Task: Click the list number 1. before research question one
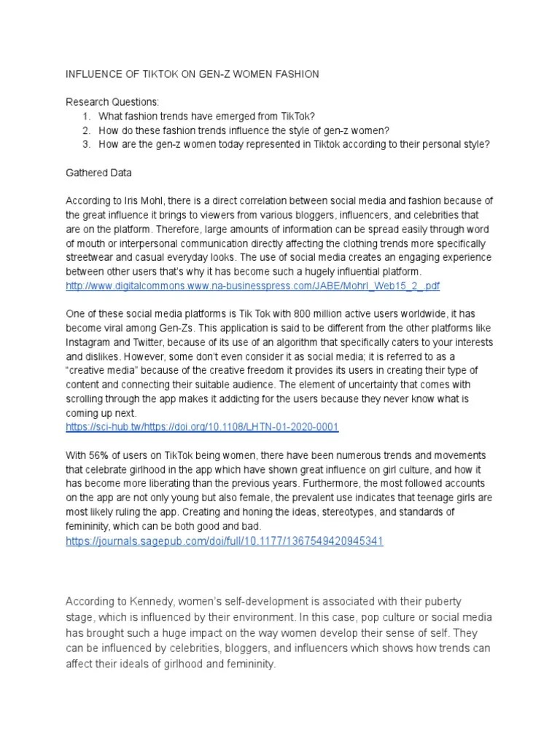coord(86,115)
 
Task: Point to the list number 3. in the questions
coord(86,144)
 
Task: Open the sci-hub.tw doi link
coord(202,427)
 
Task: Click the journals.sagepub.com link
coord(225,541)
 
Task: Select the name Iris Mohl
coord(147,200)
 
